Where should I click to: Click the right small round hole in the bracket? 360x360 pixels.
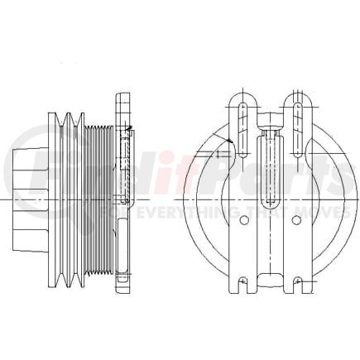tap(295, 220)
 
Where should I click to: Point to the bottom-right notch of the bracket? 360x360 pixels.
tap(296, 286)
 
